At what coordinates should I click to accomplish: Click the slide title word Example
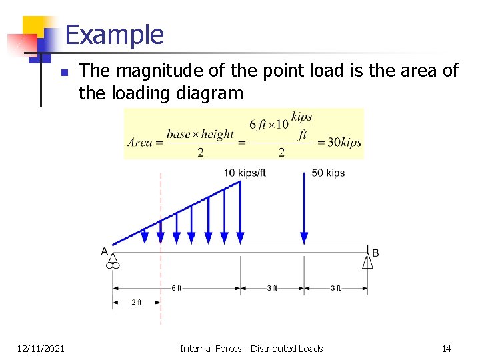(115, 35)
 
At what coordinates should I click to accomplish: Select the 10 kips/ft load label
(245, 173)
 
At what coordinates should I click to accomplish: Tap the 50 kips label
(328, 173)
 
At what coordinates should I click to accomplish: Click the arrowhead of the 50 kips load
(304, 238)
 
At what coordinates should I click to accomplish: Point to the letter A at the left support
(105, 251)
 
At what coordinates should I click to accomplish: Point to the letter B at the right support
(375, 253)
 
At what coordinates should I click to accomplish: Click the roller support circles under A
(112, 265)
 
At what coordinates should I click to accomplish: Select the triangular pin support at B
(367, 259)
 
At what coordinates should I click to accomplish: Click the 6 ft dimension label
(176, 288)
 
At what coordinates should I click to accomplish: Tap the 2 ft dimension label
(136, 302)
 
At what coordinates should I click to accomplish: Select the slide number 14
(446, 348)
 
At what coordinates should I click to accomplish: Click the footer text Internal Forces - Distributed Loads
(251, 348)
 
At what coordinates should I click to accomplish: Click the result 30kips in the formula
(341, 142)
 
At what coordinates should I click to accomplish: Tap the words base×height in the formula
(200, 134)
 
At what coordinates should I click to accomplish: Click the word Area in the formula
(139, 142)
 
